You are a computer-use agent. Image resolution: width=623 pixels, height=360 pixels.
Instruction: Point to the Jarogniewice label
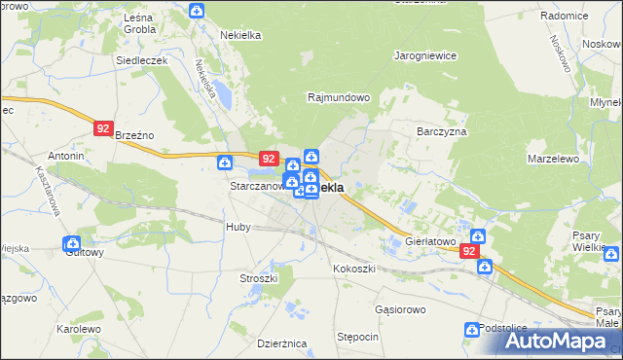(425, 55)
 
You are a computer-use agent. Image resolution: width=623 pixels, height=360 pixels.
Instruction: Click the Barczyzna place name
(442, 131)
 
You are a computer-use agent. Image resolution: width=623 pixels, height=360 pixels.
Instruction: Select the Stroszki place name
(259, 278)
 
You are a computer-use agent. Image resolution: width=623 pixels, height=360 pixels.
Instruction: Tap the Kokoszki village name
(354, 268)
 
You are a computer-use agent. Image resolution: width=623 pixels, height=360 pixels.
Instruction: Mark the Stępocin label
(357, 337)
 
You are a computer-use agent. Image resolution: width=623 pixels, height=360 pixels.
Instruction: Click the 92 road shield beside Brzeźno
(103, 127)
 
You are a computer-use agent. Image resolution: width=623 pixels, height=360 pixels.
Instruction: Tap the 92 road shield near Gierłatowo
(470, 251)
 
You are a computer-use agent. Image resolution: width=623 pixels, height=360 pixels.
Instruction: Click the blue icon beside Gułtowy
(71, 243)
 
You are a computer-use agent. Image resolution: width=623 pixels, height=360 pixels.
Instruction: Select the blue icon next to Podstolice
(472, 330)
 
